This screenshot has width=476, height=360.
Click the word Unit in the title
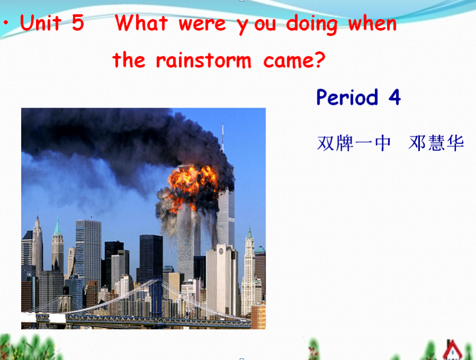(x=41, y=22)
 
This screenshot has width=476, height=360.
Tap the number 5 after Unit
(x=78, y=22)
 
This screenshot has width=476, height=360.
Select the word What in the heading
(x=141, y=22)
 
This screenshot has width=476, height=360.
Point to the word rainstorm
(x=204, y=60)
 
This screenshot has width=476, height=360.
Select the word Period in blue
(x=347, y=97)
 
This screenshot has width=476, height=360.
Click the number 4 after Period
(x=395, y=97)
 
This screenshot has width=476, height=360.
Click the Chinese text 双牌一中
(x=353, y=143)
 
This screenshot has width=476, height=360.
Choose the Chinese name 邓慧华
(x=436, y=143)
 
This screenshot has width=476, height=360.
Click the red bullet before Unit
(x=6, y=22)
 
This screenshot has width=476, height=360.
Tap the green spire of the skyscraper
(x=57, y=226)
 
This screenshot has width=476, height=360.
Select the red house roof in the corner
(x=452, y=349)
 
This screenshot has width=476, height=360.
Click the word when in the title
(x=372, y=23)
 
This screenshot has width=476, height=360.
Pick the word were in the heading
(x=202, y=24)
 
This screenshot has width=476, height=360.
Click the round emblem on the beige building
(x=221, y=251)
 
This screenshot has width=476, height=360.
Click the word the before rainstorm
(x=129, y=59)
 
